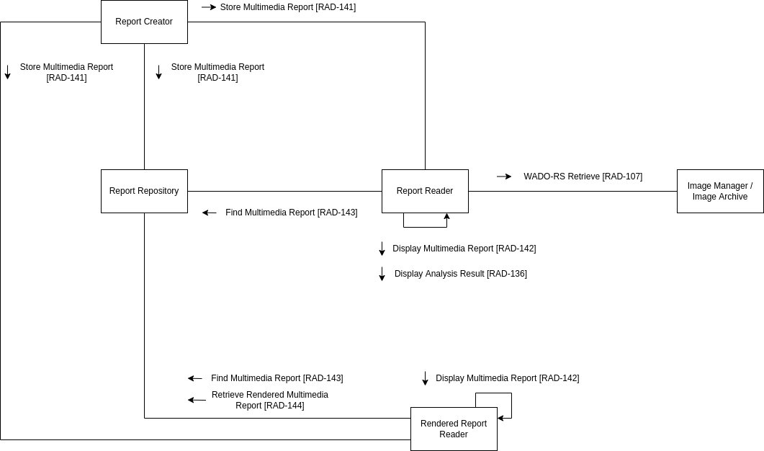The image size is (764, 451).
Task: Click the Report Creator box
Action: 144,22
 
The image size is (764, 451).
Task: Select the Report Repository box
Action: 144,191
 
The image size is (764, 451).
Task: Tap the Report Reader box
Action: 425,191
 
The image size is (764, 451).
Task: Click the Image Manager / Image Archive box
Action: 719,191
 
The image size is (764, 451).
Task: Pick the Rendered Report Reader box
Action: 454,429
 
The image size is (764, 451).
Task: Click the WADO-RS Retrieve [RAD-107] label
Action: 583,177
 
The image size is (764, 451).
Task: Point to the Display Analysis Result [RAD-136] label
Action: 460,274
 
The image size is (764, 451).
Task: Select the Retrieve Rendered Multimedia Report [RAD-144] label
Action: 269,400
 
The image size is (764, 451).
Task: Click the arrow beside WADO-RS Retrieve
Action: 504,177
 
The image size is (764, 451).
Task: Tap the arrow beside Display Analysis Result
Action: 382,274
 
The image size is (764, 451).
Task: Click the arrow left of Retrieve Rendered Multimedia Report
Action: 196,400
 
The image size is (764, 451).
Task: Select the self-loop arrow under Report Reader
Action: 425,226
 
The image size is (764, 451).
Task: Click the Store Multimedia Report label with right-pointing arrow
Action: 287,7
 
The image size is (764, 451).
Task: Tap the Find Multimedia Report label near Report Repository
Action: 291,213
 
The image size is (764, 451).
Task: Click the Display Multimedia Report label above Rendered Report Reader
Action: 507,378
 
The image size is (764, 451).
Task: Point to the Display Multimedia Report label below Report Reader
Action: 464,249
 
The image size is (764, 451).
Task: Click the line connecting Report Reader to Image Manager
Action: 572,191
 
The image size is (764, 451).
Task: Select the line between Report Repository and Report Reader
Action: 284,191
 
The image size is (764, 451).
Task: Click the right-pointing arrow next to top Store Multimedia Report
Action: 209,7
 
